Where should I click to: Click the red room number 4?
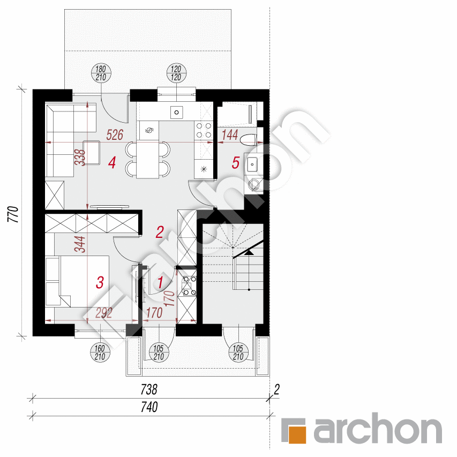click(x=111, y=162)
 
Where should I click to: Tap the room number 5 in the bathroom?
click(x=235, y=162)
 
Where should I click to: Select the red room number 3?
click(x=100, y=282)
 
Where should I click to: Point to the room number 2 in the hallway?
click(x=159, y=232)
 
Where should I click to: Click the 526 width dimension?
click(x=116, y=135)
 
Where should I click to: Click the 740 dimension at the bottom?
click(x=149, y=408)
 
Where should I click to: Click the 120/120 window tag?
click(x=177, y=73)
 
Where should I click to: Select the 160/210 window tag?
click(x=101, y=352)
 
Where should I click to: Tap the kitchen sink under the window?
click(x=176, y=112)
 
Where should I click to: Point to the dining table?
click(x=148, y=159)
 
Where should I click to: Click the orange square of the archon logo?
click(x=295, y=431)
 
